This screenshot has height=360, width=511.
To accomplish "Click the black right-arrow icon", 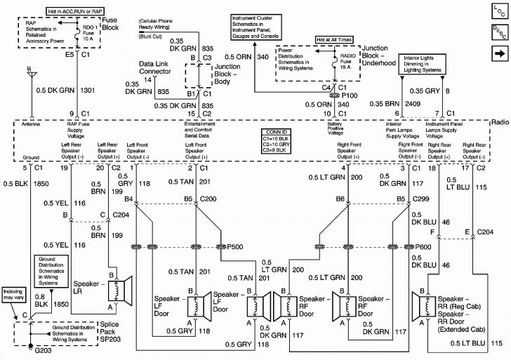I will tap(498, 53).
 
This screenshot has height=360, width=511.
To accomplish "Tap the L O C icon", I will tap(498, 11).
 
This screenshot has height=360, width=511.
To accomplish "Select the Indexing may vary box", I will tap(13, 293).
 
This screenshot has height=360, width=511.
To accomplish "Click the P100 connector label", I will tap(351, 93).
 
